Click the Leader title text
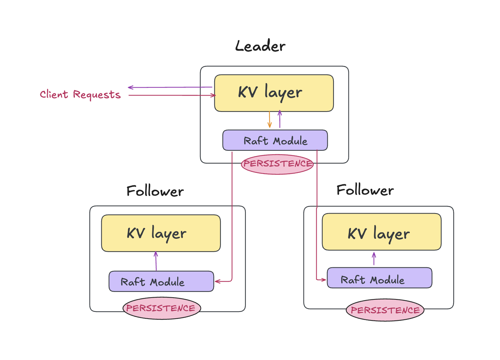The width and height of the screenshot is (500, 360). point(260,46)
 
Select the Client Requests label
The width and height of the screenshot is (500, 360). point(80,94)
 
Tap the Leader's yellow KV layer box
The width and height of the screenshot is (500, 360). point(274,93)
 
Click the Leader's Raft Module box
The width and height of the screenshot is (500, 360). point(275,140)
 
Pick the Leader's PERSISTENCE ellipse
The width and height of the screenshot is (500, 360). point(277,164)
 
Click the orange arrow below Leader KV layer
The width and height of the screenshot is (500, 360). point(269,120)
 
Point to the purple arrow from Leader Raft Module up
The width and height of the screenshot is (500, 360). point(280,119)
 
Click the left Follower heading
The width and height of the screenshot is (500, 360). point(155,191)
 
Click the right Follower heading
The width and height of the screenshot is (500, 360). point(365,190)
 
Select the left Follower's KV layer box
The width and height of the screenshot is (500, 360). point(161,233)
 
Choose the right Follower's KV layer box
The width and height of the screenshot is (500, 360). point(382,232)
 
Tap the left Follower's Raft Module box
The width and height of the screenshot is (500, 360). point(161,282)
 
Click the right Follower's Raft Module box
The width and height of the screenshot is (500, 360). point(379,278)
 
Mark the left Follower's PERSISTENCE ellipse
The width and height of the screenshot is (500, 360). point(162,308)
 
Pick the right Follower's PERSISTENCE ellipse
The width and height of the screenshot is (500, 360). point(385,310)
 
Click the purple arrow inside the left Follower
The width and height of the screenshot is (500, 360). point(156,261)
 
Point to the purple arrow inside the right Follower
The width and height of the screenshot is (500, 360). point(374,259)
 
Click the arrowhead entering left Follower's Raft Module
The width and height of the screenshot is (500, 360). point(217,281)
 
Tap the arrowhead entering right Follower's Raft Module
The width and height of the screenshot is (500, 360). point(323,279)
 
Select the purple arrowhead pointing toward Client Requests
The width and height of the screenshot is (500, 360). point(131,87)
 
